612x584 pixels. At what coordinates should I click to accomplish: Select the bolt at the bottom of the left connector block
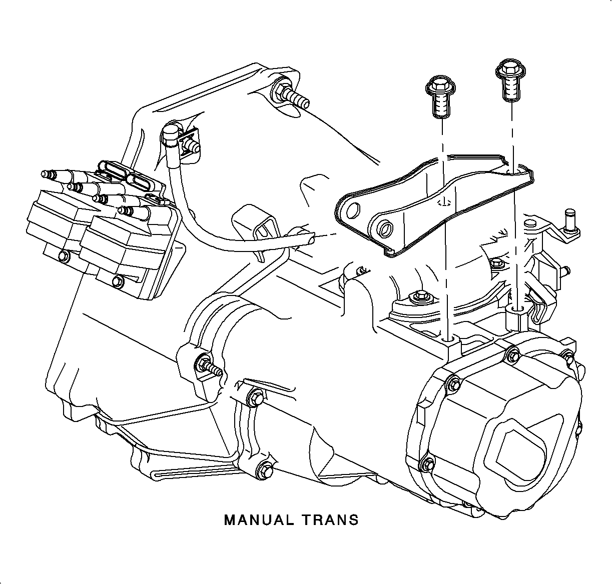pyautogui.click(x=64, y=256)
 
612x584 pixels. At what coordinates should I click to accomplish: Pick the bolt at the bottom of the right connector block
pyautogui.click(x=118, y=282)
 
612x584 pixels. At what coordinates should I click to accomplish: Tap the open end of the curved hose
pyautogui.click(x=311, y=240)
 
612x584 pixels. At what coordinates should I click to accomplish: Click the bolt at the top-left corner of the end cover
pyautogui.click(x=453, y=382)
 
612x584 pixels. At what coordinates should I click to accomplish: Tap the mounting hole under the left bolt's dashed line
pyautogui.click(x=449, y=339)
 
